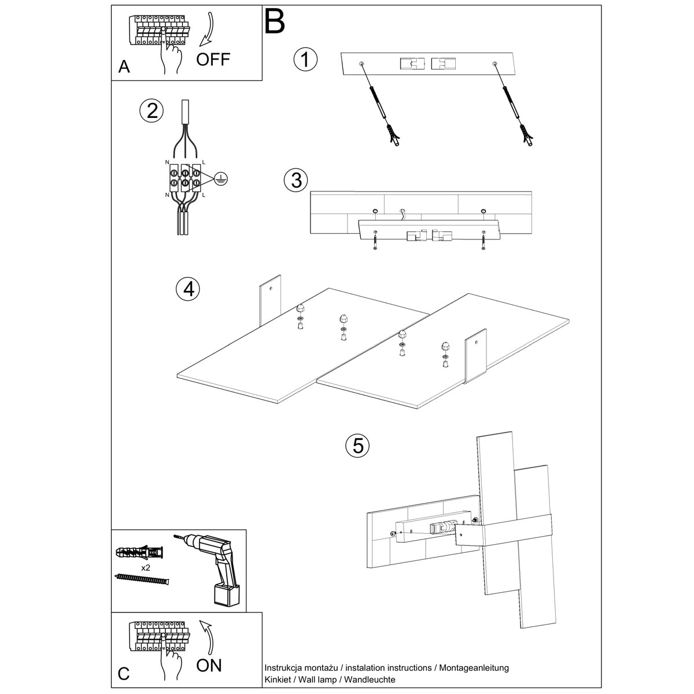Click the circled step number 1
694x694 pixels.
pos(306,60)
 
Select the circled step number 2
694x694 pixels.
pos(152,110)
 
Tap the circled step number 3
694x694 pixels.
pos(296,180)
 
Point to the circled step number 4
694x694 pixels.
pos(188,289)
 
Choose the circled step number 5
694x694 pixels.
pos(357,445)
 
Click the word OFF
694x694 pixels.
pos(213,59)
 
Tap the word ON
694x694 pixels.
pos(209,666)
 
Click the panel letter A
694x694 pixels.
pos(124,68)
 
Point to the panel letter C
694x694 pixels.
pos(124,674)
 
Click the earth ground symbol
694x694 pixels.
pos(220,180)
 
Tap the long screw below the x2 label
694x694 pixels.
pos(142,579)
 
